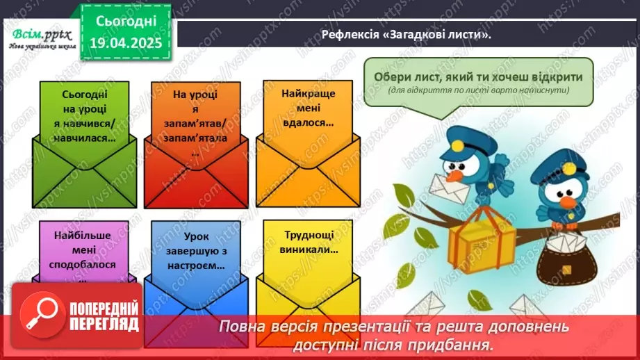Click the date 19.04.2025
[126, 43]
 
